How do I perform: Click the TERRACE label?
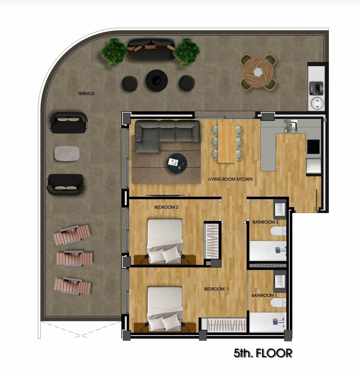(86, 94)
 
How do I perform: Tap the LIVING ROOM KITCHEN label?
(230, 179)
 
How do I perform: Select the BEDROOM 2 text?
(166, 208)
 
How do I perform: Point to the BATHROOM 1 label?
(264, 295)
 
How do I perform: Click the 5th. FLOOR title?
(263, 353)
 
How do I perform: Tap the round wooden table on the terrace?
(258, 72)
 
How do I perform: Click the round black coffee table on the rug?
(177, 163)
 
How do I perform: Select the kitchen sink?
(291, 126)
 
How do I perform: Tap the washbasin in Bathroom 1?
(280, 281)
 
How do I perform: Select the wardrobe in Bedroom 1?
(227, 325)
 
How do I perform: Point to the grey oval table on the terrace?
(67, 154)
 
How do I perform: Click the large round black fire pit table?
(157, 80)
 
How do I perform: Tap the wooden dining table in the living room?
(227, 142)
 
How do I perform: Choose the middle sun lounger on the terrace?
(74, 259)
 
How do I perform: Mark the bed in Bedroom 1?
(165, 308)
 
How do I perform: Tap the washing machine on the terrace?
(316, 88)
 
